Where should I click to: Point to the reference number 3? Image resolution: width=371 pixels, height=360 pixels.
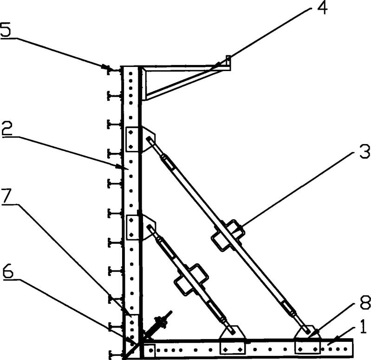(x=364, y=152)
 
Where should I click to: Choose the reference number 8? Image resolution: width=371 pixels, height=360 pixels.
(x=365, y=302)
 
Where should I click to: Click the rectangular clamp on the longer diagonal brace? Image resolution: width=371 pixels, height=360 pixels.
(x=228, y=236)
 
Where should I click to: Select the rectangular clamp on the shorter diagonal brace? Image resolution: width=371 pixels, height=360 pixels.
(x=191, y=279)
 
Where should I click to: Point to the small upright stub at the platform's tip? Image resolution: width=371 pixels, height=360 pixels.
(x=228, y=60)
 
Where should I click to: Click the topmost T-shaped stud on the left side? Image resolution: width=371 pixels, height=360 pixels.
(x=114, y=70)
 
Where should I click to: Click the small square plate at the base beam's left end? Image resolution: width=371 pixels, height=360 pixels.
(x=150, y=350)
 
